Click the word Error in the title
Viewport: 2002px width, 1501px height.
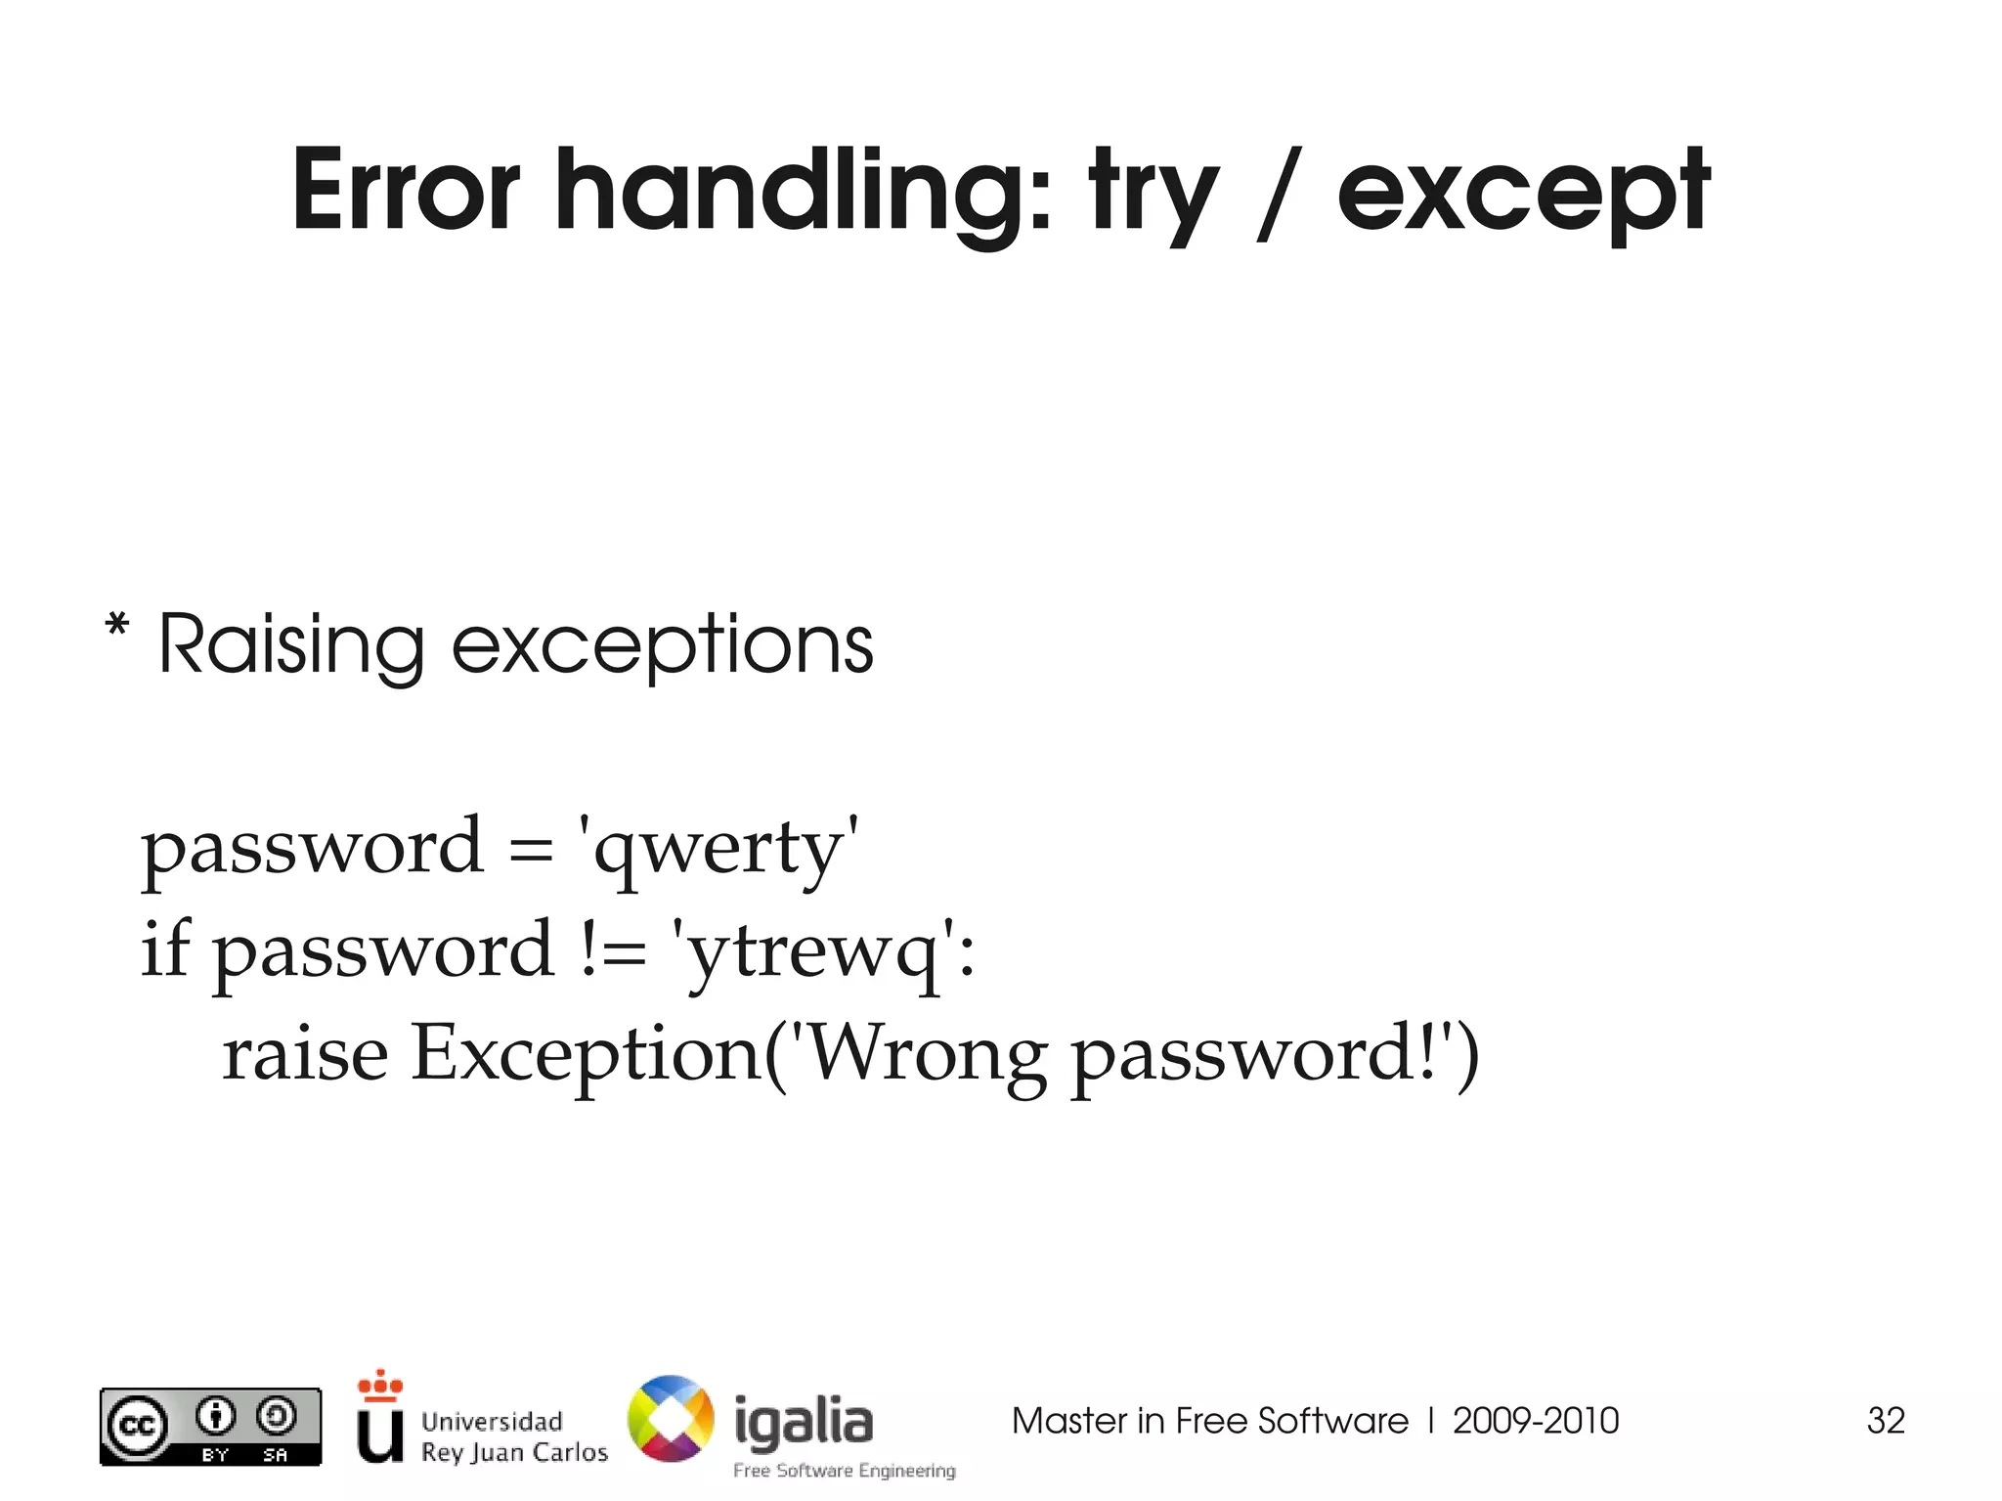406,191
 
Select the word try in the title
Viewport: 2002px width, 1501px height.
1153,196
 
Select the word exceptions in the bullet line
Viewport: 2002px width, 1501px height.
662,647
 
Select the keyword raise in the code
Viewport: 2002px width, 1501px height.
305,1054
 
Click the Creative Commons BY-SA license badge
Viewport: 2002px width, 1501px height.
210,1427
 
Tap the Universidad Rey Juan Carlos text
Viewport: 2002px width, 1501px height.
514,1436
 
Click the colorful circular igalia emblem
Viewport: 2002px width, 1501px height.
671,1419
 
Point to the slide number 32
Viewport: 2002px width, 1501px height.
1886,1421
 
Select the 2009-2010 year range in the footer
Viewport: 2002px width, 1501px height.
1536,1421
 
